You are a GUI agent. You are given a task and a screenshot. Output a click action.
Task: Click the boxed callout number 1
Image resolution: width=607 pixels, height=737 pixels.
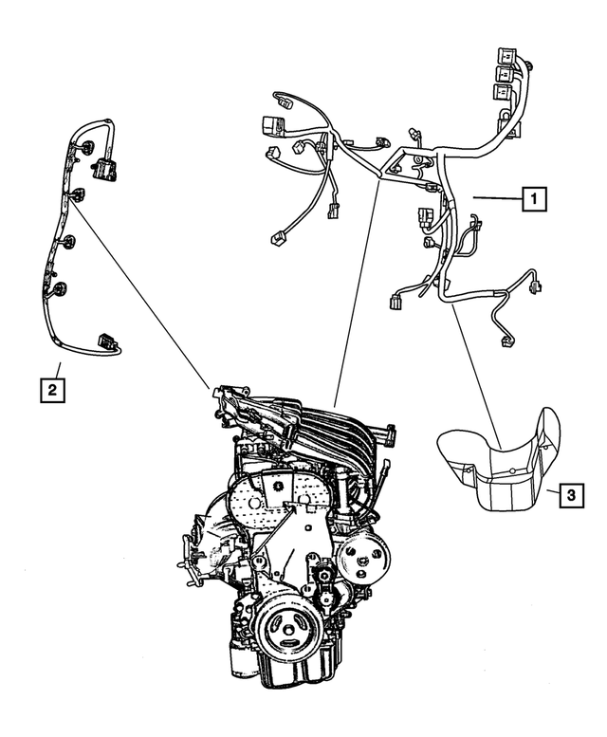point(535,198)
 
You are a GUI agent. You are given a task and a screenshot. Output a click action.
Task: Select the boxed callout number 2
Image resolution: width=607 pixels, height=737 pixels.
point(52,388)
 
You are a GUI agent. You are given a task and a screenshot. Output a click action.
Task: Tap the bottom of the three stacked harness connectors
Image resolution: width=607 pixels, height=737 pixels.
point(499,92)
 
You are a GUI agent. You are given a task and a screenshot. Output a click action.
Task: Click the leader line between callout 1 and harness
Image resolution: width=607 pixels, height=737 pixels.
point(497,198)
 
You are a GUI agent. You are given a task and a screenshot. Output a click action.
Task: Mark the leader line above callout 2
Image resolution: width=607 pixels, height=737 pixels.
point(58,369)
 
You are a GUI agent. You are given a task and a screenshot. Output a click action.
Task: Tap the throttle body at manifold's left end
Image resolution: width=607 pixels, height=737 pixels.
point(228,398)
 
